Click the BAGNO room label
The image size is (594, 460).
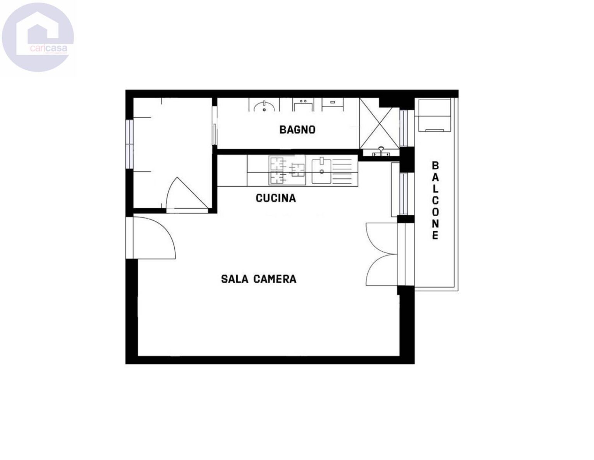point(297,129)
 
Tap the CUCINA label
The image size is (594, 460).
point(276,198)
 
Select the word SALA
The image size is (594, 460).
point(234,279)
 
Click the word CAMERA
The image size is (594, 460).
point(275,279)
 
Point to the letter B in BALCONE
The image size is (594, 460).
point(435,165)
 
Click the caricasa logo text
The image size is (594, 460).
point(49,49)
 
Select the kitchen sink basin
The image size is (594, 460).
point(321,171)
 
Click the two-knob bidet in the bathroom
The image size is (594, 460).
point(303,105)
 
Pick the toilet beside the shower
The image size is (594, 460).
point(333,105)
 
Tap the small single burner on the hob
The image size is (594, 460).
point(298,170)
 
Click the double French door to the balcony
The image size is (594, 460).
point(382,254)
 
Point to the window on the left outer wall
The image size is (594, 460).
point(129,144)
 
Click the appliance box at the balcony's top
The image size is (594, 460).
point(433,115)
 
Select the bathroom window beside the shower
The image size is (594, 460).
point(403,128)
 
